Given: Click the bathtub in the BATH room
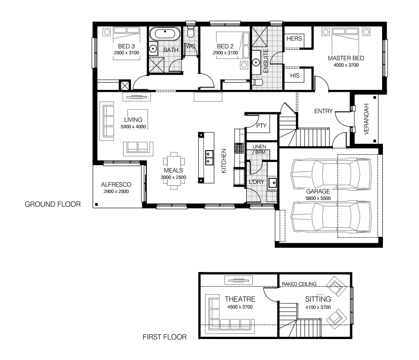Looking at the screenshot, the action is (165, 34).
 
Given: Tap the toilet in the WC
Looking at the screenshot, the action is (191, 31).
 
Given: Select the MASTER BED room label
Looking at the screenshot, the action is (346, 58).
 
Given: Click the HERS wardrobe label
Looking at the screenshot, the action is (294, 38).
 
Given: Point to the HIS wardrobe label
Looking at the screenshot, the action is (295, 75).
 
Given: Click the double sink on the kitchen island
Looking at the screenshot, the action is (209, 157).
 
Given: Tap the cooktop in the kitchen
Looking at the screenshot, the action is (239, 148).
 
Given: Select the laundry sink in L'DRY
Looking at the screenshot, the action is (273, 183).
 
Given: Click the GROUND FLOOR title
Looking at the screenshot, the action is (52, 204).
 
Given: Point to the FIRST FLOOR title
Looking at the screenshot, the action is (165, 337).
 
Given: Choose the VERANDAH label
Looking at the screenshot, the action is (366, 119).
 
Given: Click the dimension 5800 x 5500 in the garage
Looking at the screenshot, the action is (318, 198).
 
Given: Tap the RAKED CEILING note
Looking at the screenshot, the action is (299, 284).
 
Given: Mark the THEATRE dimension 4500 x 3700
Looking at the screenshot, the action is (240, 307).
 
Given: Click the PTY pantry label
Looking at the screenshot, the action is (261, 126).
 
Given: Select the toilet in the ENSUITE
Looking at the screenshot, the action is (258, 82).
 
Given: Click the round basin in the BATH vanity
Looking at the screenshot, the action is (153, 49).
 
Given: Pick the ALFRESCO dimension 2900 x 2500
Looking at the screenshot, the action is (116, 192).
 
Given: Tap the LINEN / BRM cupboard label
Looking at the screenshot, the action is (259, 149).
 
